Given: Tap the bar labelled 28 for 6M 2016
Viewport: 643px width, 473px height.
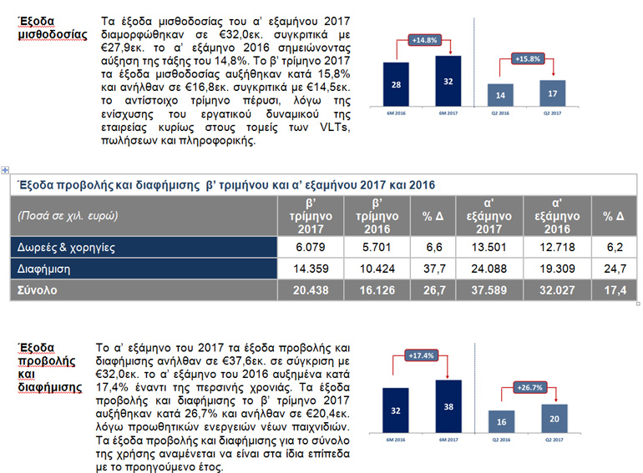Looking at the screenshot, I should tap(396, 86).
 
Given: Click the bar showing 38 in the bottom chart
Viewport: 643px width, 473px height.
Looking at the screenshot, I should tap(448, 407).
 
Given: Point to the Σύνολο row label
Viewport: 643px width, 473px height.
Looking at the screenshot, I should tap(38, 289).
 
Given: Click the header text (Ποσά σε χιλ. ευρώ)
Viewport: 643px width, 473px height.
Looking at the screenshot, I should tap(68, 215).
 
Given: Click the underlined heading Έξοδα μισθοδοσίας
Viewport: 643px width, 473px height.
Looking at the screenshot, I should tap(52, 28).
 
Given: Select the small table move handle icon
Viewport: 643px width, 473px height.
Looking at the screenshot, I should tap(6, 170).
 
